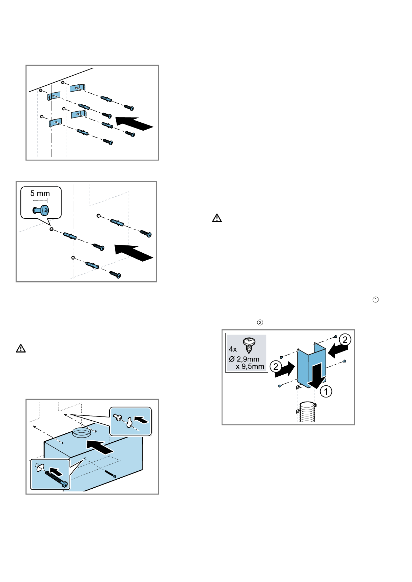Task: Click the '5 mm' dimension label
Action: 40,193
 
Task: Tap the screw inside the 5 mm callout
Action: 41,210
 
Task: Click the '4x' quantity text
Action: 233,349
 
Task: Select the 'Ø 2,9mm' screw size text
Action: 244,359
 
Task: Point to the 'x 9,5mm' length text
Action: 250,366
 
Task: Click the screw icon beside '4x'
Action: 249,345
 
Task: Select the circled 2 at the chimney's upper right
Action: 345,340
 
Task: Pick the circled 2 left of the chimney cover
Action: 276,366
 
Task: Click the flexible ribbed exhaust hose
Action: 307,412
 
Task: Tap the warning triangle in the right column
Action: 217,218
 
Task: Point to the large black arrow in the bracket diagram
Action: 134,123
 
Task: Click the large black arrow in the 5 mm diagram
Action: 134,253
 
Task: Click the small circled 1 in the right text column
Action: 376,300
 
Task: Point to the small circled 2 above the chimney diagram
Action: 260,322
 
